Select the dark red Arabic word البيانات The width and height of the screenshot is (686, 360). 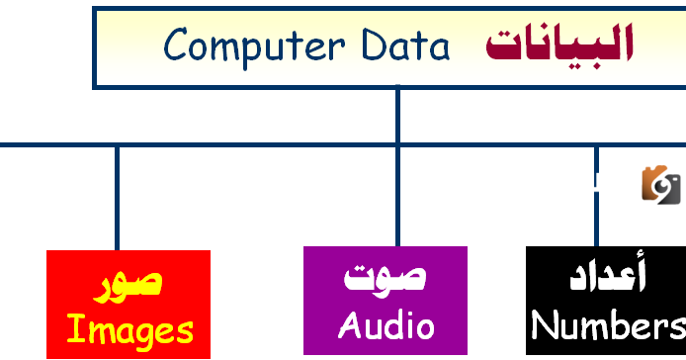pyautogui.click(x=559, y=45)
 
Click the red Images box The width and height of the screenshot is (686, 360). pyautogui.click(x=129, y=304)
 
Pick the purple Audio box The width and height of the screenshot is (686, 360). pyautogui.click(x=385, y=301)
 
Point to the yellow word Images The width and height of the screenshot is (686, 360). pyautogui.click(x=129, y=329)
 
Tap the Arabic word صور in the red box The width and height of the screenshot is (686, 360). pyautogui.click(x=129, y=282)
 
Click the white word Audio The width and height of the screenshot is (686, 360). pyautogui.click(x=386, y=324)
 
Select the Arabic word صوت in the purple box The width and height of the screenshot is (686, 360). pyautogui.click(x=385, y=277)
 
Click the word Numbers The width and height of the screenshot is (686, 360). pyautogui.click(x=608, y=325)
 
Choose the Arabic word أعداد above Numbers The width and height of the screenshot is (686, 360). pyautogui.click(x=608, y=278)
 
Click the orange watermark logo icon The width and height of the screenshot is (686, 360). pyautogui.click(x=661, y=182)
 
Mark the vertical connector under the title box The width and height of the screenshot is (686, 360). pyautogui.click(x=397, y=114)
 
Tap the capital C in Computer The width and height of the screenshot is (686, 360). pyautogui.click(x=176, y=45)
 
